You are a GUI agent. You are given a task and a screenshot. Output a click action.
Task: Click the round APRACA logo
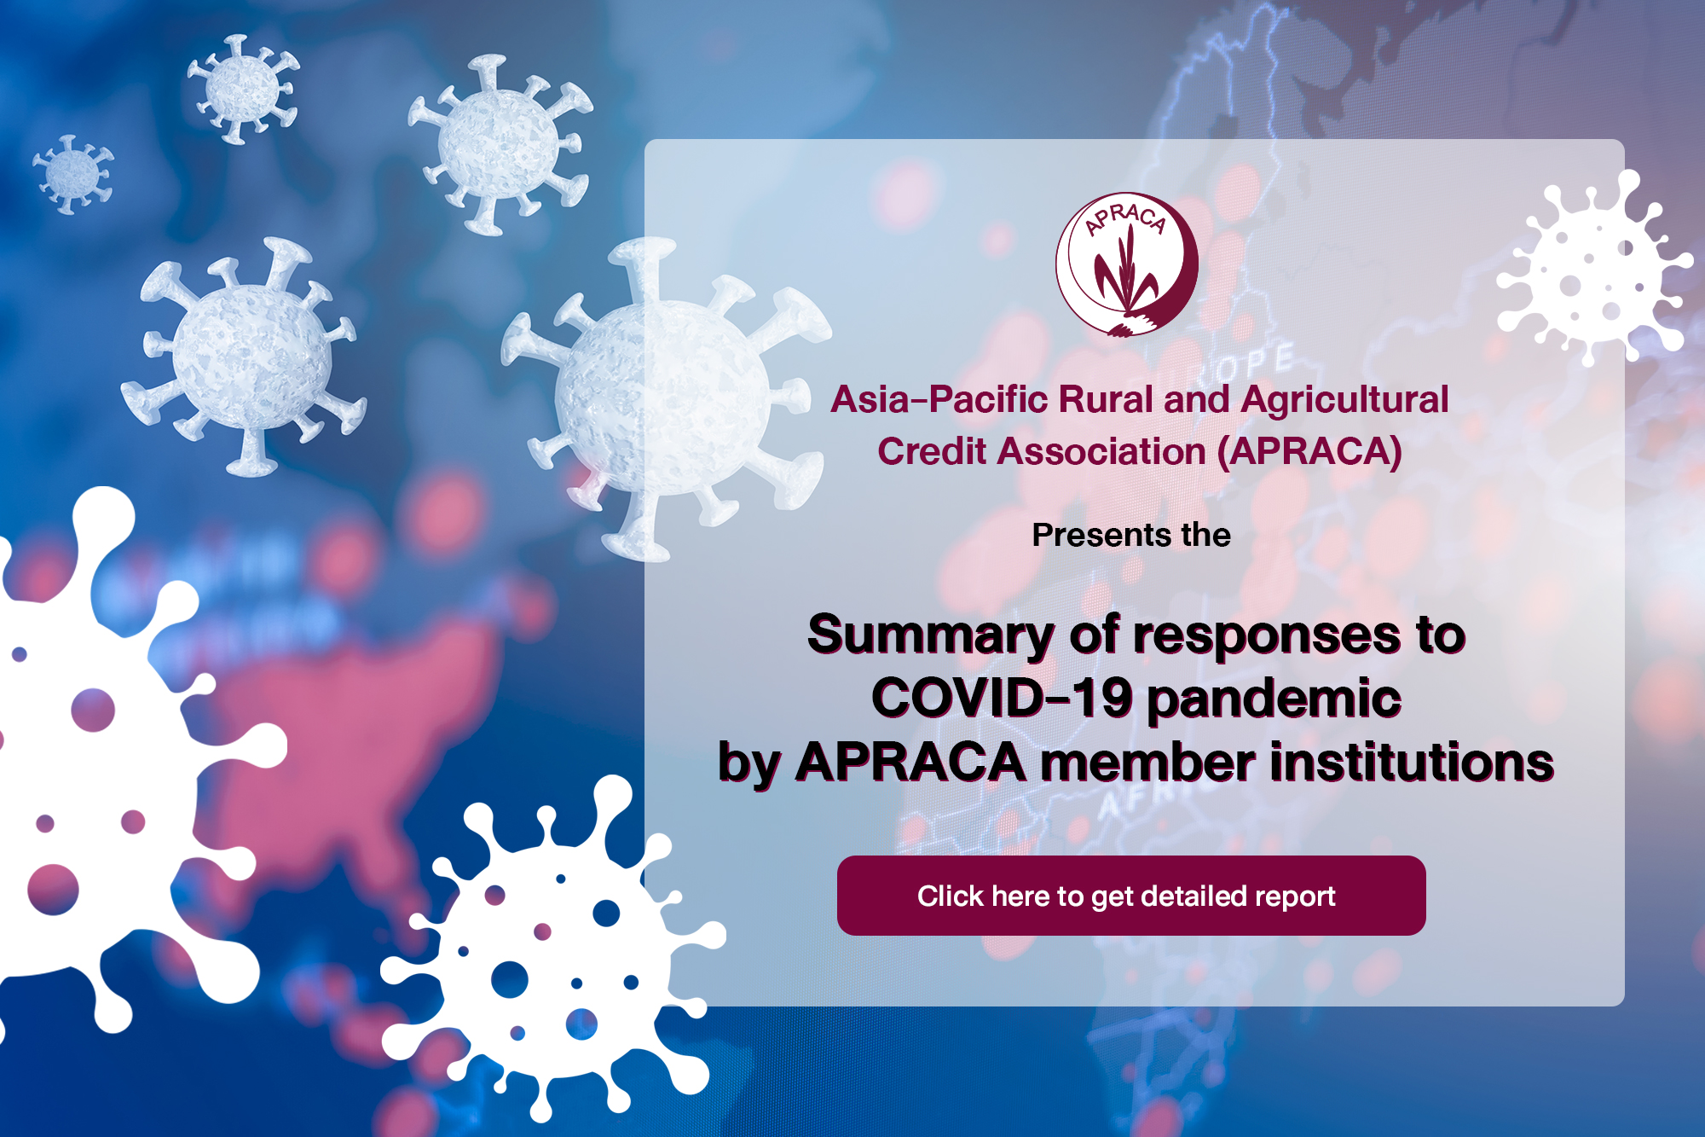tap(1127, 264)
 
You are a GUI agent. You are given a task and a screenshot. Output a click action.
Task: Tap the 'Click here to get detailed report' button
tap(1131, 896)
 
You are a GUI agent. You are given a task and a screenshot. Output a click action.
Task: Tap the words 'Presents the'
tap(1131, 535)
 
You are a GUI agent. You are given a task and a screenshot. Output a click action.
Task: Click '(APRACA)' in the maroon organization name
tap(1309, 452)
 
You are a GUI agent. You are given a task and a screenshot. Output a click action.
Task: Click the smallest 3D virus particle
tap(73, 174)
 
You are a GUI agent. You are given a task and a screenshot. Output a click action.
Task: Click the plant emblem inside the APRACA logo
tap(1124, 270)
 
